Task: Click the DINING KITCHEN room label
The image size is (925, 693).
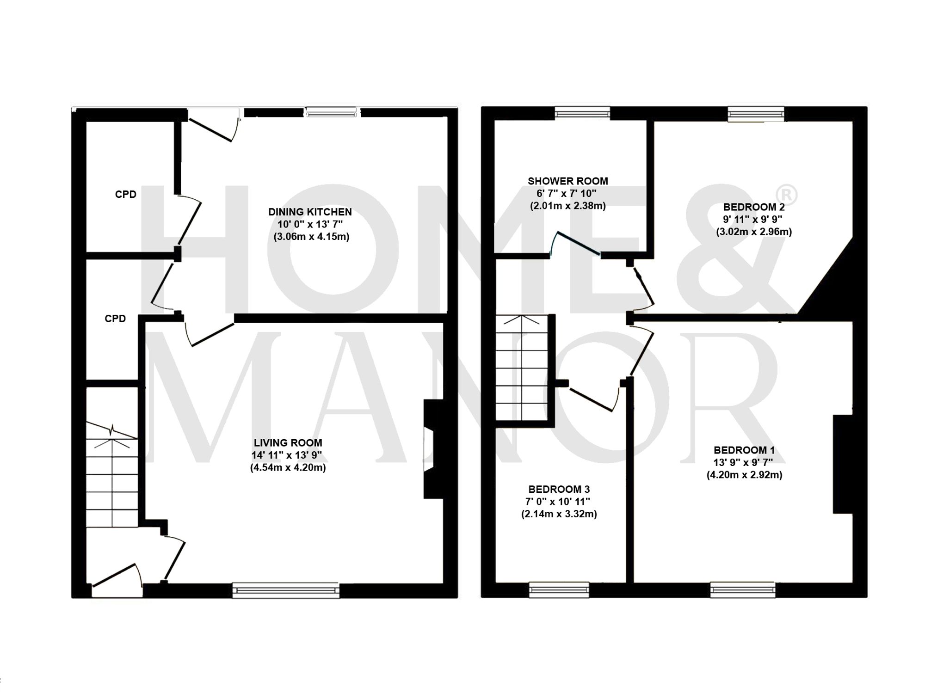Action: [310, 212]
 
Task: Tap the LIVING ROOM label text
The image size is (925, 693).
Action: [288, 442]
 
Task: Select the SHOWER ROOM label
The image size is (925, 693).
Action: [567, 181]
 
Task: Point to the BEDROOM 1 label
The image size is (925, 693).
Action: [744, 450]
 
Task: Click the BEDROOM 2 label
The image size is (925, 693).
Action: [754, 207]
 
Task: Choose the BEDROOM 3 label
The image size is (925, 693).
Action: [559, 489]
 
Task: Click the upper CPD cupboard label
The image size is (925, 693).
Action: [126, 194]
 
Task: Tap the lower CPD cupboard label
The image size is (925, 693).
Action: [115, 319]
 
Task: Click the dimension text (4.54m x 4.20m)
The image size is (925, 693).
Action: [288, 467]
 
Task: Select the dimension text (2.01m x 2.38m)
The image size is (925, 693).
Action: [567, 206]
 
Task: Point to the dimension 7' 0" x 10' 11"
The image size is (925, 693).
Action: [559, 502]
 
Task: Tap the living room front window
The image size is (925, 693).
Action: [286, 590]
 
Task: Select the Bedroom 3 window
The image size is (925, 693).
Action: [559, 589]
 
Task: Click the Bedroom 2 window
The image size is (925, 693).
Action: [756, 113]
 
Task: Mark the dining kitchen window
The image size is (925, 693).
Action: [332, 111]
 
